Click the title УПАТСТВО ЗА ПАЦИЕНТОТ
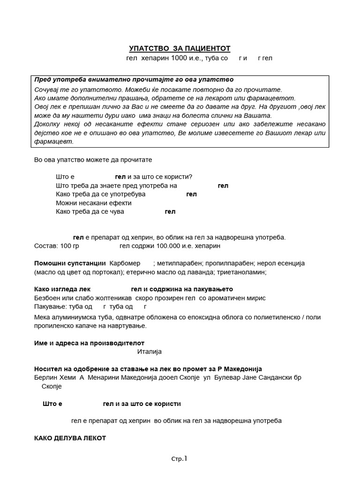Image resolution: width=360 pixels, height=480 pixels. click(180, 49)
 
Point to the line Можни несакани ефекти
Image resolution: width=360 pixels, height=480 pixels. click(93, 203)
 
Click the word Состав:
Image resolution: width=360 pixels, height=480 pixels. click(46, 246)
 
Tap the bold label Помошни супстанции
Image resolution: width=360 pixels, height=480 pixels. click(70, 263)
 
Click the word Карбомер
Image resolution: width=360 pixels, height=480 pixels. click(125, 263)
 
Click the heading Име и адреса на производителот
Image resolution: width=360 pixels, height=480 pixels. click(90, 343)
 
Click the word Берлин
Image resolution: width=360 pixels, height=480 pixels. click(46, 378)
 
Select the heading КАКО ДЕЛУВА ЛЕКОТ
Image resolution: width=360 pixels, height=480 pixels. click(70, 438)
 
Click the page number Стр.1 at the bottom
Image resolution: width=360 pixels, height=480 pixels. click(180, 459)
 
